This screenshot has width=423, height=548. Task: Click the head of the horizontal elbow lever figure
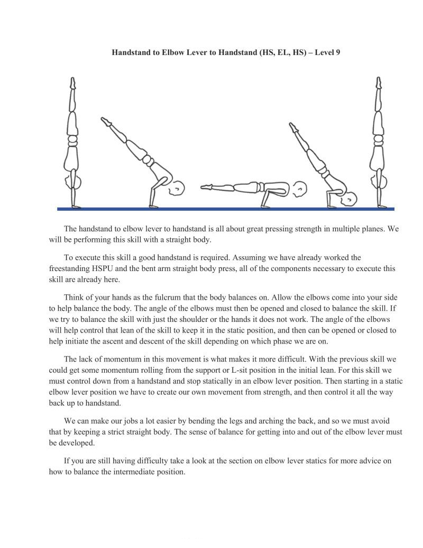pos(300,187)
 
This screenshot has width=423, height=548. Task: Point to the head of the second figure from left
pos(178,187)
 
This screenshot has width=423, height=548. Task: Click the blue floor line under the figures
pos(226,209)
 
